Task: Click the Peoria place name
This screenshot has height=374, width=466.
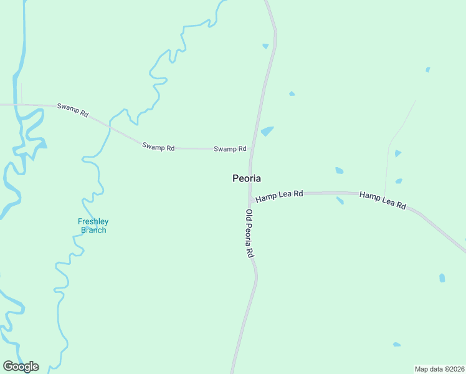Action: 246,178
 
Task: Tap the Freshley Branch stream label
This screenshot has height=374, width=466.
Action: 93,226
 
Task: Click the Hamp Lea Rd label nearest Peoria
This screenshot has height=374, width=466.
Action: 279,196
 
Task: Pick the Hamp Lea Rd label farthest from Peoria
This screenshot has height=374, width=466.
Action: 383,200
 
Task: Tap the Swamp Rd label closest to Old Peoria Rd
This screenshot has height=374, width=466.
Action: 230,149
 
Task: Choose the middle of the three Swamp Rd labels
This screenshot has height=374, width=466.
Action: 158,147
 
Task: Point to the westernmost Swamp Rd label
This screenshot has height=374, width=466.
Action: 73,109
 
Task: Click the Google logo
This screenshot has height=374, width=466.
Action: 21,367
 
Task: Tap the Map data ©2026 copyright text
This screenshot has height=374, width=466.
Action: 439,369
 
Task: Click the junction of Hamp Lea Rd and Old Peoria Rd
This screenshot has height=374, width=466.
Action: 250,201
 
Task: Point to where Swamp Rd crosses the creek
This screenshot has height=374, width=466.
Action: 110,127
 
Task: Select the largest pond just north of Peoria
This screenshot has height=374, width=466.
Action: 267,132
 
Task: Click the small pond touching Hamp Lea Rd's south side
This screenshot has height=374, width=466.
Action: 340,201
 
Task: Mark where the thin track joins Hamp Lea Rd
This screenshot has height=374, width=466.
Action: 384,194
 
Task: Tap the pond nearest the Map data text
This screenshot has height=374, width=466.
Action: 396,344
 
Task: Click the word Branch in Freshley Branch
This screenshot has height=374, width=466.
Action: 93,230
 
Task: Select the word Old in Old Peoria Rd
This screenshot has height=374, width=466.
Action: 249,214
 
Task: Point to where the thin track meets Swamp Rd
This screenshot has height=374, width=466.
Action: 22,105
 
